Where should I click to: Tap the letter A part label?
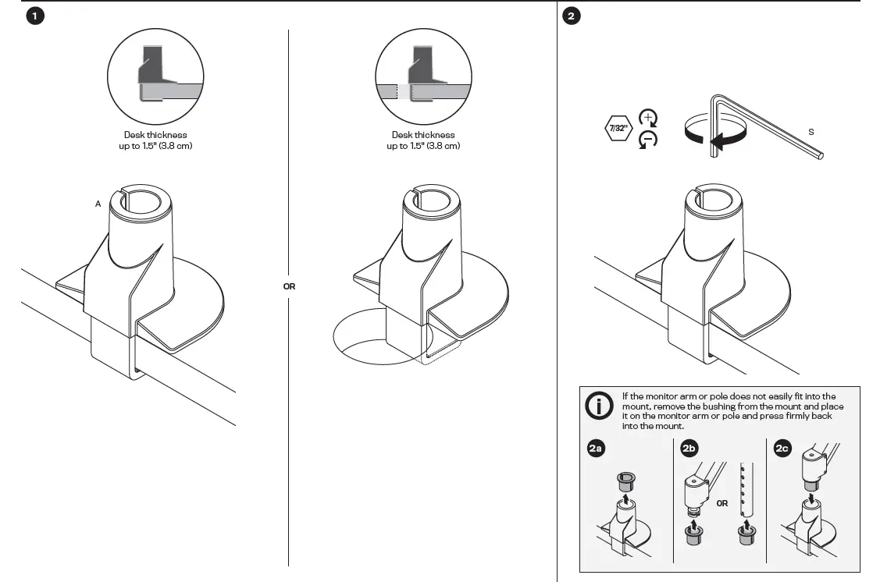[98, 204]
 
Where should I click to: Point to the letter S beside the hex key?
[811, 132]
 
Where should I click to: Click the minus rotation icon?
[648, 140]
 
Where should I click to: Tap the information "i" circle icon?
[600, 406]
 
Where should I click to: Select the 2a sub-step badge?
[595, 449]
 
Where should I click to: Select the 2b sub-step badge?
[689, 449]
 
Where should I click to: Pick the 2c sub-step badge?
[782, 449]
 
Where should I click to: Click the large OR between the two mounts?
[289, 286]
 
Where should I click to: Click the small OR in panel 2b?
[721, 503]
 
